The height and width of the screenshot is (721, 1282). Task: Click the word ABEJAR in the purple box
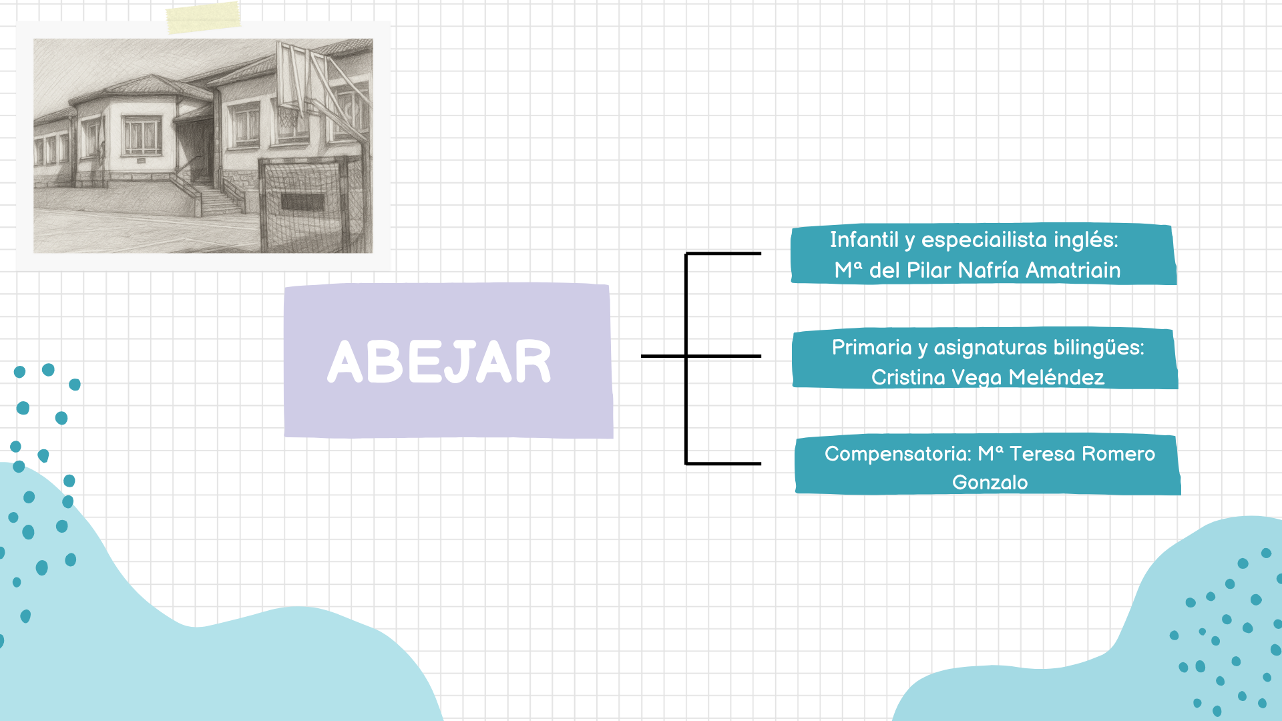pos(439,361)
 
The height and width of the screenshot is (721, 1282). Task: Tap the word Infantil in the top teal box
pos(864,240)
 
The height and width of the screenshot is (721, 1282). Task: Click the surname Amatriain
pos(1073,270)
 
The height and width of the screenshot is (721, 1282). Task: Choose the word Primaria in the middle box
pos(871,347)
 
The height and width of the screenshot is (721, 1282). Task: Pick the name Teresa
pos(1042,454)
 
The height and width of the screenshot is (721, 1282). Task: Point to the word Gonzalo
pos(990,482)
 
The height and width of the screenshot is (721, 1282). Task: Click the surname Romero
pos(1118,454)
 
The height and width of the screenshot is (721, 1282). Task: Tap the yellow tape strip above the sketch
pos(203,17)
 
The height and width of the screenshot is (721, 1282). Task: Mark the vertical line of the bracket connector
pos(686,358)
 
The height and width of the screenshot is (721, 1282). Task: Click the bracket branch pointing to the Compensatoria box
pos(723,463)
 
